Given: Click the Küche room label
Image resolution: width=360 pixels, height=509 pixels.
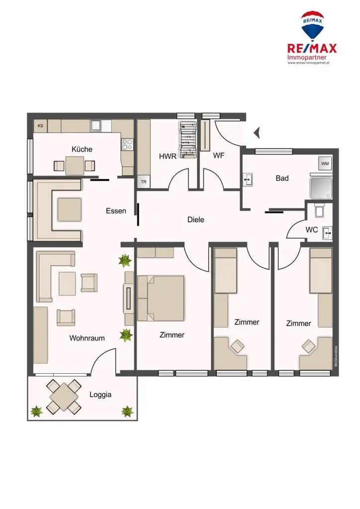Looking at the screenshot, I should click(x=82, y=149).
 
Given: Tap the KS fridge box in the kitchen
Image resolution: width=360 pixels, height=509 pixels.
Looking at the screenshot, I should click(x=40, y=126).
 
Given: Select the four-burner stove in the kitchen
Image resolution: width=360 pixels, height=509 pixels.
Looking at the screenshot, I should click(x=127, y=144).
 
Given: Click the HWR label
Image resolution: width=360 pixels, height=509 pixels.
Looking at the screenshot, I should click(x=168, y=156).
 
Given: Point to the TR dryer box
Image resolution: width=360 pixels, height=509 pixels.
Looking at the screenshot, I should click(x=144, y=182).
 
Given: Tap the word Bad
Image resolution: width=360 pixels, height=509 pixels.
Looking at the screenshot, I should click(x=282, y=178).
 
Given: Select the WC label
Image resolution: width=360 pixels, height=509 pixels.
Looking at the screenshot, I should click(x=312, y=230).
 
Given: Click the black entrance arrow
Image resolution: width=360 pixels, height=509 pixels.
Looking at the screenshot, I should click(x=257, y=133).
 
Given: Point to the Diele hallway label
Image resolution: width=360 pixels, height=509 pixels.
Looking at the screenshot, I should click(x=196, y=219).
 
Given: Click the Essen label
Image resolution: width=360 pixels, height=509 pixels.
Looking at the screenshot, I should click(x=116, y=211).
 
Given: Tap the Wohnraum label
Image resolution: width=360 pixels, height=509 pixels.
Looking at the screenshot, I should click(x=87, y=338).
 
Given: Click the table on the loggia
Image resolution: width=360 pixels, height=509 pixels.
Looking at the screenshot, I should click(x=63, y=397).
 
